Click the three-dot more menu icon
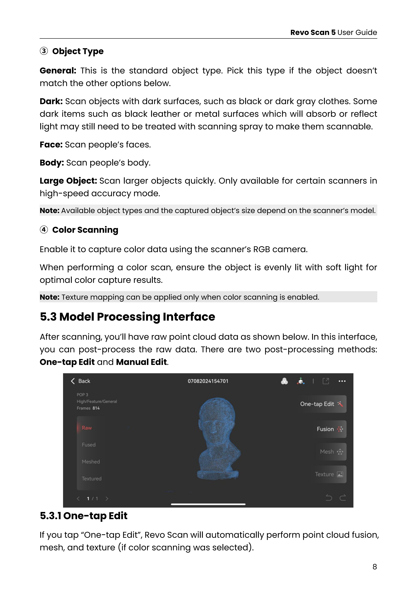[x=342, y=381]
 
